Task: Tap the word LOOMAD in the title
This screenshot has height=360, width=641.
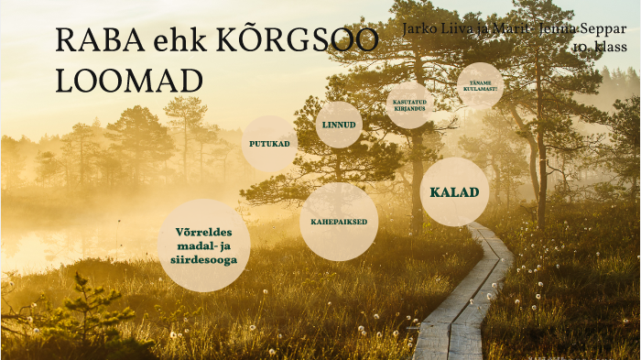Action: tap(129, 82)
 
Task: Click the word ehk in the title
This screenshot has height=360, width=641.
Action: tap(181, 42)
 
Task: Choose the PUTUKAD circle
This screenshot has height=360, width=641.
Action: tap(269, 144)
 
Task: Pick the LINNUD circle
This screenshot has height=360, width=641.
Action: tap(339, 125)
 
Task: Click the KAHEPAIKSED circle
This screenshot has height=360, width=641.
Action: tap(339, 222)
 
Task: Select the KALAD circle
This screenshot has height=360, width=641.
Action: tap(454, 192)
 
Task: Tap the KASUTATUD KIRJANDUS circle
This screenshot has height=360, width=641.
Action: tap(408, 105)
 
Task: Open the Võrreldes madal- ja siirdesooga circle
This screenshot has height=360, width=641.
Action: tap(203, 245)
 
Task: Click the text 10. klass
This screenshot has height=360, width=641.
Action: tap(600, 45)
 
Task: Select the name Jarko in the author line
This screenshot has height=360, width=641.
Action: tap(420, 28)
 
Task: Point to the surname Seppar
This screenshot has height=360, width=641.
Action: tap(602, 28)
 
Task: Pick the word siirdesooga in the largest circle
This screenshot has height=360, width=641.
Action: tap(203, 260)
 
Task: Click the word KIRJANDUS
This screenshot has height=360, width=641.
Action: tap(408, 109)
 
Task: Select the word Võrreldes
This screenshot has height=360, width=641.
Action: tap(203, 231)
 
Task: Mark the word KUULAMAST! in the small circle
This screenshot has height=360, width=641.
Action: tap(479, 90)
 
